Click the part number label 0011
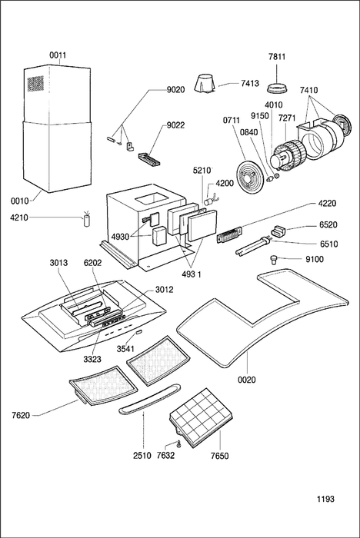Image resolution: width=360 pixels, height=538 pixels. pyautogui.click(x=58, y=55)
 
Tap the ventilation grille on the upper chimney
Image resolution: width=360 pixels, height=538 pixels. pyautogui.click(x=35, y=84)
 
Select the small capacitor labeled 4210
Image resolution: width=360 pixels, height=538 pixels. pyautogui.click(x=87, y=220)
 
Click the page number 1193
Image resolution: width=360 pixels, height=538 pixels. pyautogui.click(x=325, y=499)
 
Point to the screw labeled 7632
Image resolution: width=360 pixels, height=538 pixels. pyautogui.click(x=178, y=443)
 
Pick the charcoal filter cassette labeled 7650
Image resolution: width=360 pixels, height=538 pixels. pyautogui.click(x=202, y=417)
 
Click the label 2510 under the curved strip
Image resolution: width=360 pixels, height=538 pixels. pyautogui.click(x=142, y=456)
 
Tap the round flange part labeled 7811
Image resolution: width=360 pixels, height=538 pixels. pyautogui.click(x=277, y=88)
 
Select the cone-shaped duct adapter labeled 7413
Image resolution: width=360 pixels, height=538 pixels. pyautogui.click(x=205, y=83)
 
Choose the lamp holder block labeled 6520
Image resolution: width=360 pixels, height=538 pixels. pyautogui.click(x=278, y=230)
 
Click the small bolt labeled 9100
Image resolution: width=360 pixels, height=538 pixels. pyautogui.click(x=274, y=260)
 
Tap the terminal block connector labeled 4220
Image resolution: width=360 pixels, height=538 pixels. pyautogui.click(x=229, y=235)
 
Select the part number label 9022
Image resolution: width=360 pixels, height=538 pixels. pyautogui.click(x=175, y=125)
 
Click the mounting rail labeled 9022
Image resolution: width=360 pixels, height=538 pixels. pyautogui.click(x=148, y=160)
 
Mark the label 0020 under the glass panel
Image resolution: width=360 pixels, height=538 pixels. pyautogui.click(x=247, y=380)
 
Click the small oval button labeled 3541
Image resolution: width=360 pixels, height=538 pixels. pyautogui.click(x=138, y=332)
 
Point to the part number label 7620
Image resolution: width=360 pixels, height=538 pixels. pyautogui.click(x=21, y=416)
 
